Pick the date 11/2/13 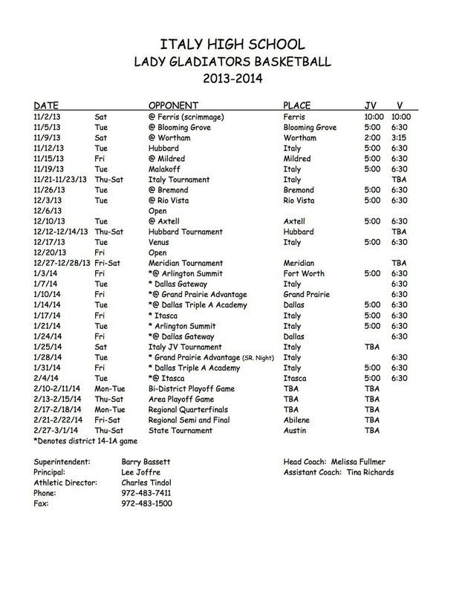48,117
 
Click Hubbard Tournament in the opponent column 186,232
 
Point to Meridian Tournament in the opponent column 186,263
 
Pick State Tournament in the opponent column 181,430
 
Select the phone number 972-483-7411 146,492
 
